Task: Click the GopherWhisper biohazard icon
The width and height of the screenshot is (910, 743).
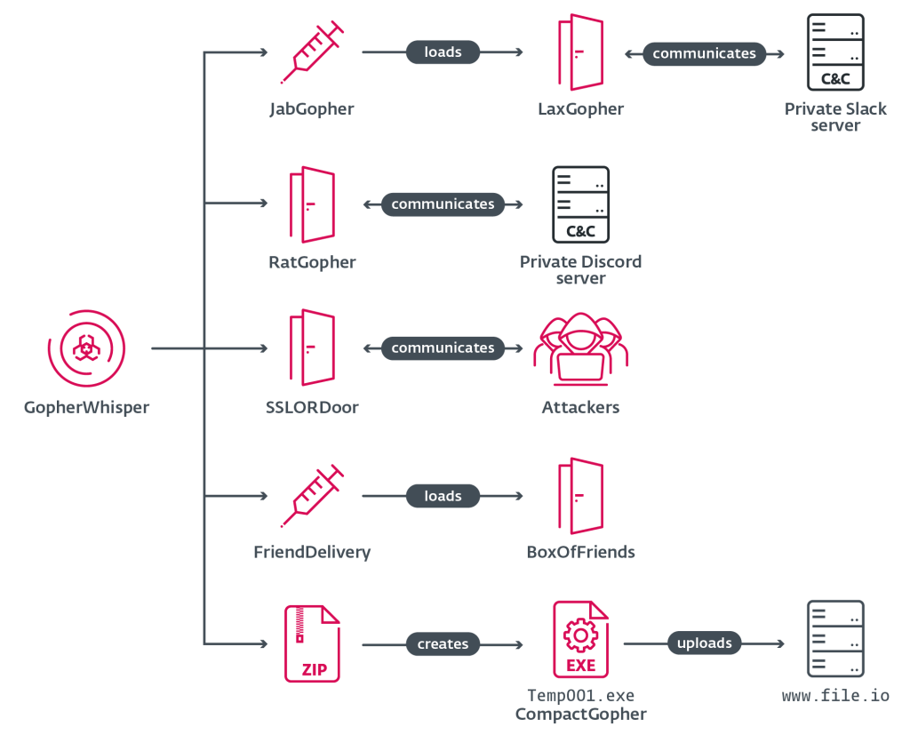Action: tap(86, 348)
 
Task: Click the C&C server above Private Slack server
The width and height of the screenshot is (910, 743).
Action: tap(834, 52)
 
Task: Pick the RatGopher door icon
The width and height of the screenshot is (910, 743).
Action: tap(311, 204)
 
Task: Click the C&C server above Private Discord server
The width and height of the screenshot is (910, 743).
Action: tap(580, 204)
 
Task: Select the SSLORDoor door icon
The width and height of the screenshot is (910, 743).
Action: tap(311, 348)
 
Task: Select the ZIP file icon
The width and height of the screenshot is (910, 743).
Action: tap(311, 643)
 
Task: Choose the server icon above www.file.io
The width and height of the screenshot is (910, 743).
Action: tap(834, 639)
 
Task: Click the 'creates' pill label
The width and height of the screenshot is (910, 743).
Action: tap(443, 643)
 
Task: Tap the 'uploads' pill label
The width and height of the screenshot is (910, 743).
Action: tap(704, 643)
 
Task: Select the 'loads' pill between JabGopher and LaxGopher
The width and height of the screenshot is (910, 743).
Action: tap(443, 52)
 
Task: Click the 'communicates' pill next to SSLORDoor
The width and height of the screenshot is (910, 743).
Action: tap(443, 348)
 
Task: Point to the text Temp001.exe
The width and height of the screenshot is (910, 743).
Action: tap(580, 696)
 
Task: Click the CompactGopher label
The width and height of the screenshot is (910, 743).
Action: tap(580, 715)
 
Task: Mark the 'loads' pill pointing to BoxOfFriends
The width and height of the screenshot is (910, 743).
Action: tap(443, 496)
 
